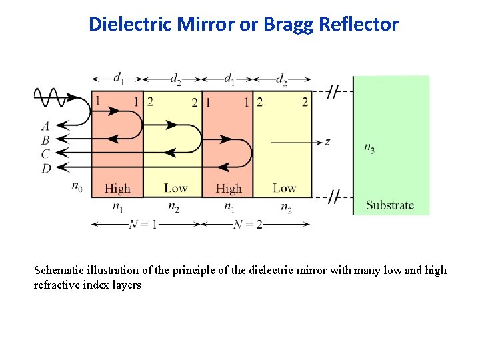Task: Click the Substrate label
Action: (x=390, y=205)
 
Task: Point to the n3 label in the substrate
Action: (x=369, y=148)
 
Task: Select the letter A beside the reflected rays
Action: (x=45, y=125)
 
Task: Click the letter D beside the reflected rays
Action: (x=45, y=168)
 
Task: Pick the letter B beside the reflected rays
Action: (x=45, y=140)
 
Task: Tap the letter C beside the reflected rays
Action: (x=45, y=154)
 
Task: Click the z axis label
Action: (x=327, y=141)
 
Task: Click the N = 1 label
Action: (x=143, y=224)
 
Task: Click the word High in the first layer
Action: (x=117, y=189)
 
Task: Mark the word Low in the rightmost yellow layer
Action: (x=285, y=188)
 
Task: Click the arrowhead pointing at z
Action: (x=317, y=141)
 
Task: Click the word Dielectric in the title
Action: (x=131, y=25)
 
